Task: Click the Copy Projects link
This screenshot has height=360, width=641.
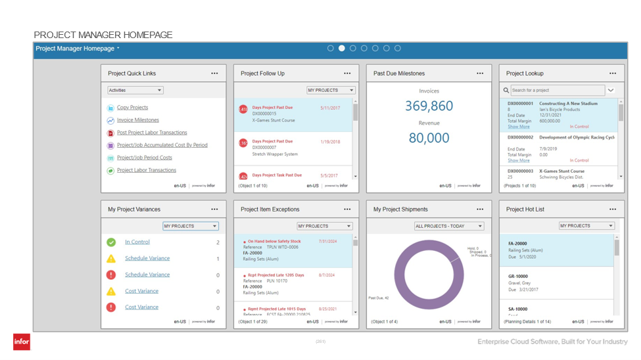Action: (x=132, y=108)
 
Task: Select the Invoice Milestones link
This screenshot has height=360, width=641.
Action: (x=137, y=120)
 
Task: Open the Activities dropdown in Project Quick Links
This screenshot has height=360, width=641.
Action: (x=135, y=91)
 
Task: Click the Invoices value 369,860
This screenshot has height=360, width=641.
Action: (x=429, y=106)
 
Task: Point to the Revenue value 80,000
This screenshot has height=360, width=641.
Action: (x=429, y=138)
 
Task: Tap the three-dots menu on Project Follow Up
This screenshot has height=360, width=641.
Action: (x=347, y=74)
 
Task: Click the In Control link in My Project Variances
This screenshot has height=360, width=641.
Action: (x=137, y=242)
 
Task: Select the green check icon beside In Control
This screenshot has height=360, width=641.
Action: (x=111, y=242)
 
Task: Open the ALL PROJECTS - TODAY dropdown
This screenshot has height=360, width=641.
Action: (x=449, y=226)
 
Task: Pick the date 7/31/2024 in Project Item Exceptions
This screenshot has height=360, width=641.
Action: (x=327, y=241)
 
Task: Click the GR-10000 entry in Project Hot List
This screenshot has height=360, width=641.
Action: (x=518, y=277)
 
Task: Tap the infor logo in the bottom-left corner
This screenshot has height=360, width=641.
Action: (x=22, y=342)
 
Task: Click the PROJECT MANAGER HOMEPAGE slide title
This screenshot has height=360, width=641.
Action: (x=103, y=35)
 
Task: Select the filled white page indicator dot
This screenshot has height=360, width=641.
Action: (x=342, y=49)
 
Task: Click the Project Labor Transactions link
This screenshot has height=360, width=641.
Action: (x=146, y=170)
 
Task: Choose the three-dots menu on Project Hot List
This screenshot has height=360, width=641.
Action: (x=612, y=210)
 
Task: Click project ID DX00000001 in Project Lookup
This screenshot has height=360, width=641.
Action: (x=520, y=104)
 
